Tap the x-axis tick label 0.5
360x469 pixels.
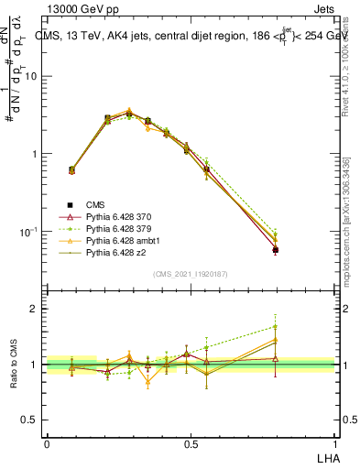pyautogui.click(x=191, y=442)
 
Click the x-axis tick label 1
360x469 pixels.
pyautogui.click(x=335, y=442)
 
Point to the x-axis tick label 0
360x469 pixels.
pyautogui.click(x=47, y=442)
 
